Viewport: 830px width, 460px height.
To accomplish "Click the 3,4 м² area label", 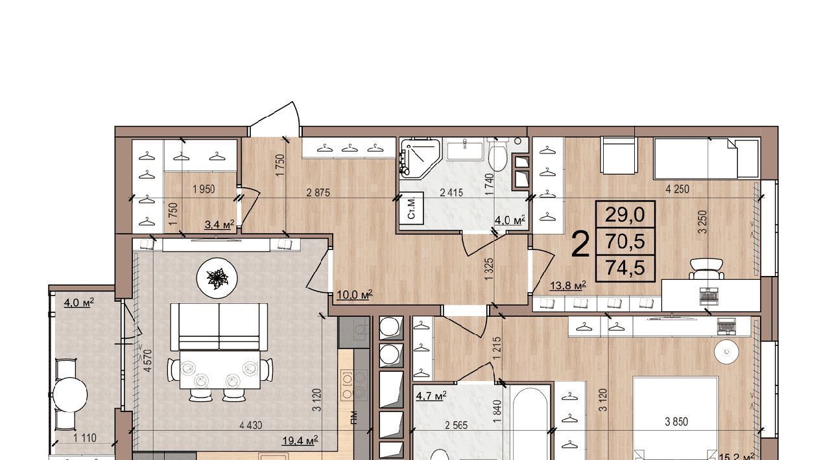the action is (219, 224).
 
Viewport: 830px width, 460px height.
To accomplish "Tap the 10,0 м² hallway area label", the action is (355, 295).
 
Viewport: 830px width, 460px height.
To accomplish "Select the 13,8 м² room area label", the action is (567, 286).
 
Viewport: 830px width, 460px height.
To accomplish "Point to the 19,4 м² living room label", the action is (300, 441).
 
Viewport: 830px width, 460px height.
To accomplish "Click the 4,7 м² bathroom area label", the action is (431, 397).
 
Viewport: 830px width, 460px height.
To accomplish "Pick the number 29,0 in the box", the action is (625, 215).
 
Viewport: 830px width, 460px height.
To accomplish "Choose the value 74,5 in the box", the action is (625, 268).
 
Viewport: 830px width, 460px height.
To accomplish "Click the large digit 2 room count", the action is (580, 244).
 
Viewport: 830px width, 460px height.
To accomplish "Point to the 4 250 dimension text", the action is (678, 189).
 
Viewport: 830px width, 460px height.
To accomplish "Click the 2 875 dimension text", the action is (318, 192).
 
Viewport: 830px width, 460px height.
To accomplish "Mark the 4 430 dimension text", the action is (251, 426).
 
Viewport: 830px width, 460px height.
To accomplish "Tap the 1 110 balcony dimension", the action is (85, 439).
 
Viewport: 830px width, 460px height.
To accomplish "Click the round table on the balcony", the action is (70, 393).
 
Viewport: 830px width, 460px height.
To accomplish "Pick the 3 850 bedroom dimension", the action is (676, 422).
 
